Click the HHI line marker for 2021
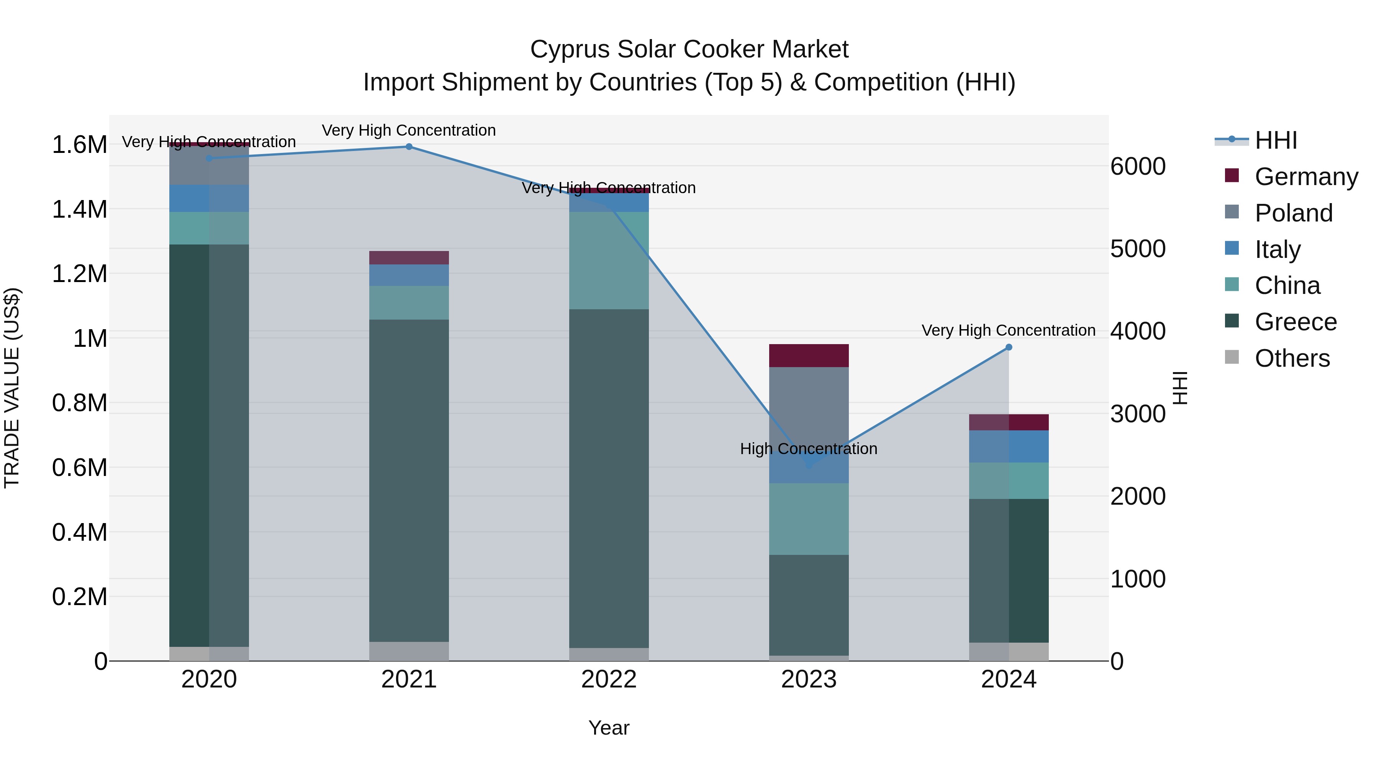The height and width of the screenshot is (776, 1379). pos(409,147)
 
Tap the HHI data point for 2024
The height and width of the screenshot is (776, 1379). pos(1009,348)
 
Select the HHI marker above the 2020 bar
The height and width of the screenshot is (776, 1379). pos(209,158)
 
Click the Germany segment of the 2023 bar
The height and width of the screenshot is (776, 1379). pos(809,356)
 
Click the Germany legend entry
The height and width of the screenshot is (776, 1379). pos(1306,177)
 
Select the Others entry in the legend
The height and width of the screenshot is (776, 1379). pos(1292,358)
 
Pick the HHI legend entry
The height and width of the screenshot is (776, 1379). pos(1276,140)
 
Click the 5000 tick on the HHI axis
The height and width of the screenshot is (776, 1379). pos(1138,249)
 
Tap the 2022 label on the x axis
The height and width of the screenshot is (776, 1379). pos(609,679)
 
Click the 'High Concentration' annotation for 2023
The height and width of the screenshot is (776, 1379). pos(808,449)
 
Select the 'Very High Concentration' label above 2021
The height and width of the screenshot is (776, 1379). pos(409,131)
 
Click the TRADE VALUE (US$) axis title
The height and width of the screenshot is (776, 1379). pos(12,388)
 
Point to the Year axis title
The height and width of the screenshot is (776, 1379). pos(609,728)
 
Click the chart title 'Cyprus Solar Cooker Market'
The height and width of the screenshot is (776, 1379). pos(689,49)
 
